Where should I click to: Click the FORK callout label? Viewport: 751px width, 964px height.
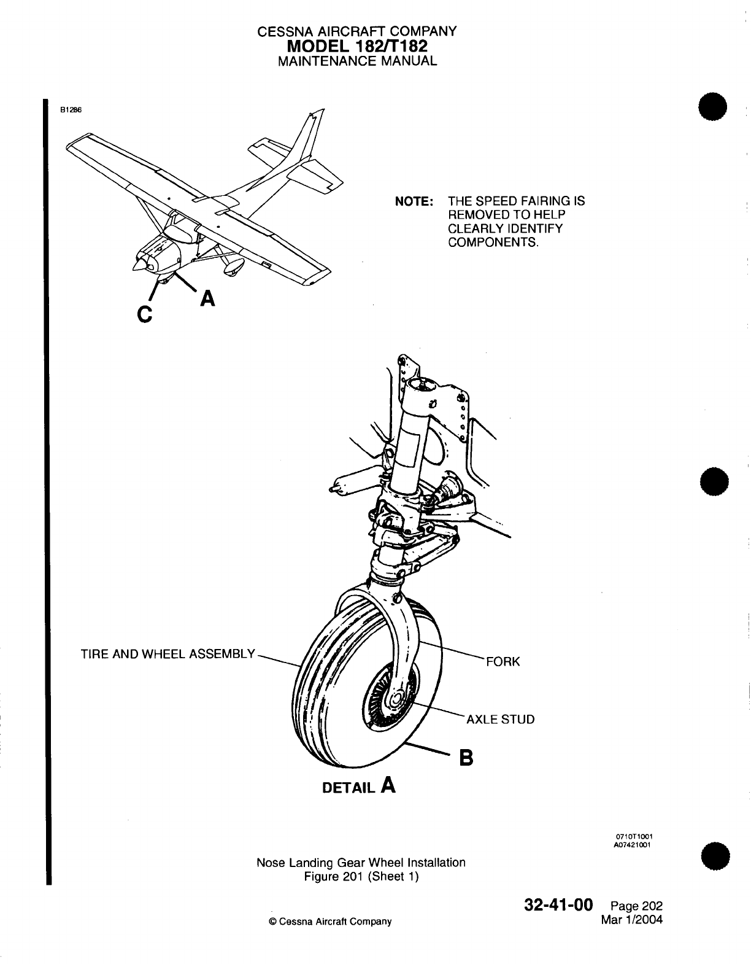tap(503, 661)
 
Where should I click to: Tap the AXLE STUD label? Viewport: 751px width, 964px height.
tap(501, 719)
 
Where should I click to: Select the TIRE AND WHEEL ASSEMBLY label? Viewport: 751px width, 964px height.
tap(168, 654)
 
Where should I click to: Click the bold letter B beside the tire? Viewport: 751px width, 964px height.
tap(467, 759)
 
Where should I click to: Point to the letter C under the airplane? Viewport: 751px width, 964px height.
tap(144, 315)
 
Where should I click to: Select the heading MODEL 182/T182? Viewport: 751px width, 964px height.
tap(357, 46)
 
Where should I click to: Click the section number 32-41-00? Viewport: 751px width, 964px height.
tap(558, 906)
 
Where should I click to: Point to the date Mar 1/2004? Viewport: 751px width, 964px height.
tap(633, 920)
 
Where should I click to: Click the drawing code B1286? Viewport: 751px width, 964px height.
tap(70, 110)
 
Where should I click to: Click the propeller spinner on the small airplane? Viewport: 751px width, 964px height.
tap(140, 264)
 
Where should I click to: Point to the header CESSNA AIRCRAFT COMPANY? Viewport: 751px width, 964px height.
tap(357, 31)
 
